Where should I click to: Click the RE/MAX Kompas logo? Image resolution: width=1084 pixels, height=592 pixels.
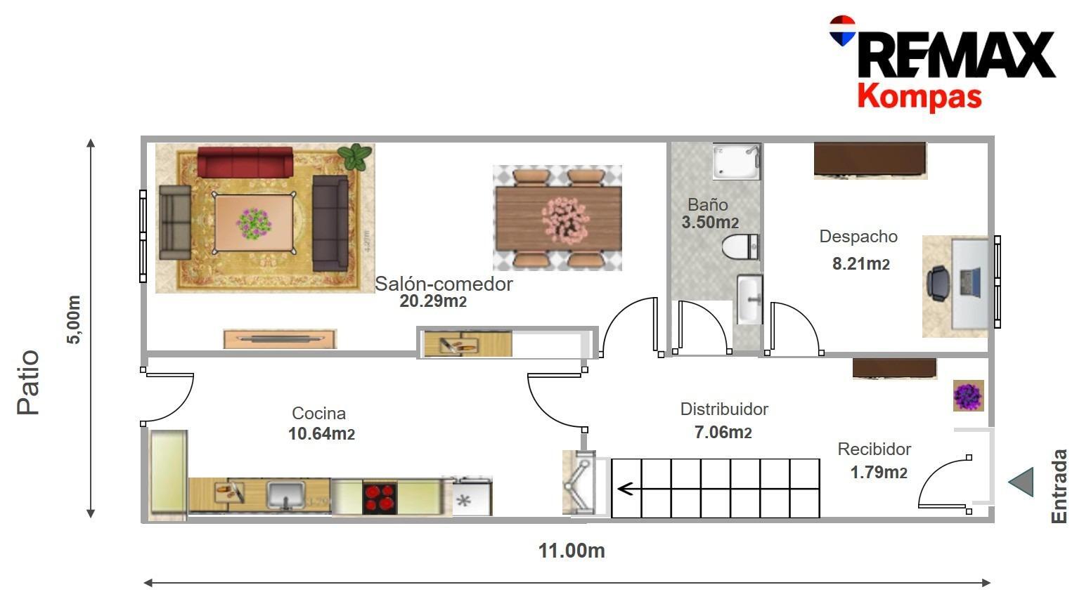click(x=942, y=63)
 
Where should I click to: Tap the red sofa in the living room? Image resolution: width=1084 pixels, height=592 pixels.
click(x=245, y=161)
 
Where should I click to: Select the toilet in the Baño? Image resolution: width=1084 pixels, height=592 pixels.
click(x=740, y=247)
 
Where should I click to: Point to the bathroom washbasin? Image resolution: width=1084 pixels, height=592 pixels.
click(x=749, y=299)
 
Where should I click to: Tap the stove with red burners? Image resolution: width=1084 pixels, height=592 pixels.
click(x=380, y=497)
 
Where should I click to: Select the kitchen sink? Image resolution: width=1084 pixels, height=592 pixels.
click(x=285, y=494)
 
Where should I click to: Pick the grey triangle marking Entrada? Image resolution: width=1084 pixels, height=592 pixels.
click(x=1021, y=482)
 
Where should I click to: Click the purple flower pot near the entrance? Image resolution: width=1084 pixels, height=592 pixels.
click(x=968, y=396)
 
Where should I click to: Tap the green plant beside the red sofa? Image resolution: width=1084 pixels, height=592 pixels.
click(x=355, y=157)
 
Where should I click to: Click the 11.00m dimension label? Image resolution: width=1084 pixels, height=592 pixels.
click(x=572, y=551)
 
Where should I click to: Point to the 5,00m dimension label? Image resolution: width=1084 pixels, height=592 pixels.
click(x=74, y=320)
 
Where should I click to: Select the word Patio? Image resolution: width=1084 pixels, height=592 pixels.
click(x=29, y=383)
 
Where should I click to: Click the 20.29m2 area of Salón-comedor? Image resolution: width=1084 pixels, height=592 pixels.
click(x=433, y=301)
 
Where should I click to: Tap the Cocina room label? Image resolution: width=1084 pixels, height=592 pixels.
click(x=318, y=414)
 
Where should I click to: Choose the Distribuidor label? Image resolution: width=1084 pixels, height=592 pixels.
click(x=724, y=409)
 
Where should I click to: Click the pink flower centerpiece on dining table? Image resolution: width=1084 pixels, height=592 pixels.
click(x=564, y=217)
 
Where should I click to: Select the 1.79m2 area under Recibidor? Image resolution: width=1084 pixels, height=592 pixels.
click(x=879, y=473)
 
